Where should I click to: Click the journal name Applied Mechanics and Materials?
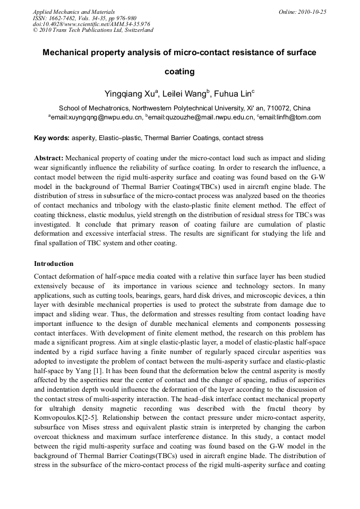pos(74,12)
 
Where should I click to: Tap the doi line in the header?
pos(91,24)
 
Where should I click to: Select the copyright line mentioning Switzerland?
pos(93,30)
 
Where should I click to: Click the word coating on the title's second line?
pos(179,71)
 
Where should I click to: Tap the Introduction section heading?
pos(54,264)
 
